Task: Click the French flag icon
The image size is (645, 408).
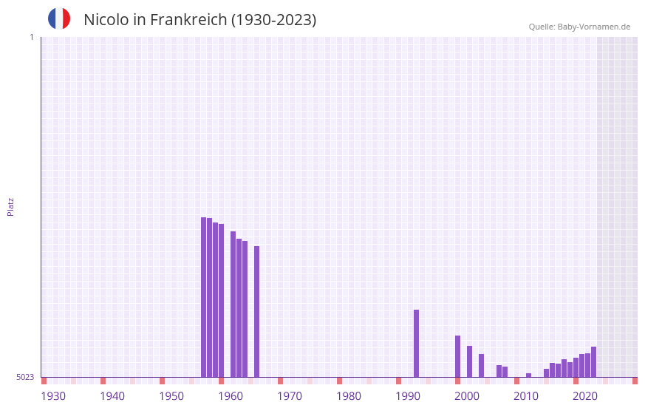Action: (x=59, y=18)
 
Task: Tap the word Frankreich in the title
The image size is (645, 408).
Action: (x=188, y=20)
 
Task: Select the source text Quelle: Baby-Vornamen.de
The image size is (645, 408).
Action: (x=579, y=27)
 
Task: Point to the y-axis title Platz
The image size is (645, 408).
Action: (x=10, y=206)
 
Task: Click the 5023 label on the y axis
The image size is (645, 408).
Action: (x=25, y=377)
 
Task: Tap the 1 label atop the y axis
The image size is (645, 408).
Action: (x=31, y=37)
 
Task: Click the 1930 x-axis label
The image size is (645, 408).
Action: (x=53, y=396)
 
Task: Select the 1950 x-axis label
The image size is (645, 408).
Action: (x=171, y=396)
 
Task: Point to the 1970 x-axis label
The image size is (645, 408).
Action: (x=290, y=396)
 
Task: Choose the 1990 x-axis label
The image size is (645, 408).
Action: (x=408, y=396)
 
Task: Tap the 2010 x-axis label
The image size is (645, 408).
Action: (x=526, y=396)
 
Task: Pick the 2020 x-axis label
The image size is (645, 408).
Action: (x=585, y=396)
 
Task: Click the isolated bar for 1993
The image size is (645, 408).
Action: (x=416, y=343)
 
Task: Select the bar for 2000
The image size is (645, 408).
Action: (x=457, y=356)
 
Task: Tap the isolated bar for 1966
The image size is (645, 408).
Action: (x=256, y=311)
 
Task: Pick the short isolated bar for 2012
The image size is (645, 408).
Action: (x=528, y=375)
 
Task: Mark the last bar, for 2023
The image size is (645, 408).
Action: (x=593, y=361)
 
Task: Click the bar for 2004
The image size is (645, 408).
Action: (x=481, y=365)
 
